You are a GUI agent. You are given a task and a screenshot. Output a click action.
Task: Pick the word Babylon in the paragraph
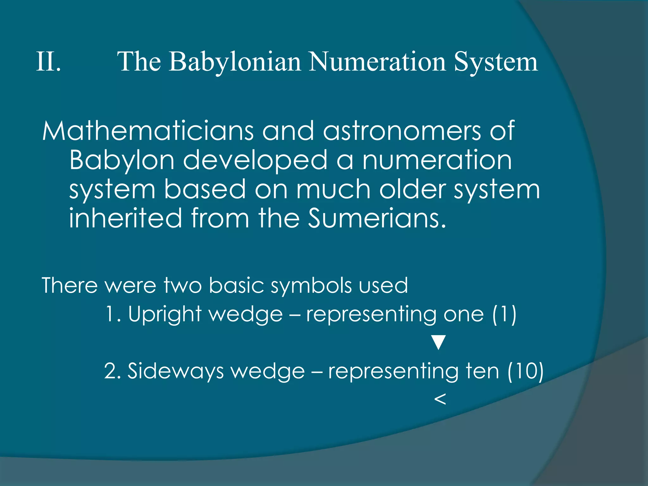122,161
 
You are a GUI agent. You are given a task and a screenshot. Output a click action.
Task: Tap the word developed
255,160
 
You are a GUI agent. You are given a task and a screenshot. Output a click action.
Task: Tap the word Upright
165,315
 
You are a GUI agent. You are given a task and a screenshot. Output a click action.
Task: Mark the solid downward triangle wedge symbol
439,342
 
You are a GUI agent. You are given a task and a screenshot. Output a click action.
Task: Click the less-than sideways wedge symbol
440,399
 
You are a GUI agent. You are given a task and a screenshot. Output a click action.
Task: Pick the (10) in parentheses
525,371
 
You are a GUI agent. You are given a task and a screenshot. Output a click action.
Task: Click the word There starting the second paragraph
70,285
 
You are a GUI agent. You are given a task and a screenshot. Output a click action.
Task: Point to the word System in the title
496,62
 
